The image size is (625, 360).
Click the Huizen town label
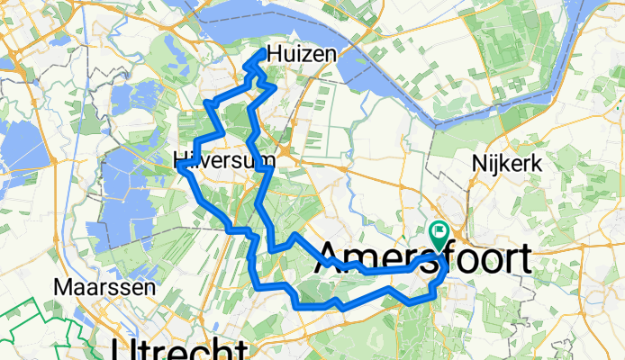tap(302, 55)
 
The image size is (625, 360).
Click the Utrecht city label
tap(177, 349)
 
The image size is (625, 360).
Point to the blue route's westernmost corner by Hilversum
tap(187, 167)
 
